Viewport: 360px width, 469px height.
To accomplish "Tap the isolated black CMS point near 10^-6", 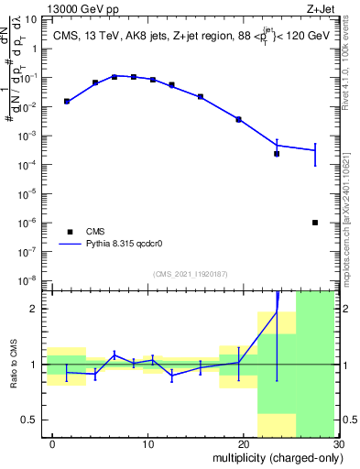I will tap(315, 222).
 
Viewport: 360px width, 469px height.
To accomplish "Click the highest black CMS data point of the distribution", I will tap(115, 76).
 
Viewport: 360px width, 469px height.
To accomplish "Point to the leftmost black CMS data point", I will tap(66, 101).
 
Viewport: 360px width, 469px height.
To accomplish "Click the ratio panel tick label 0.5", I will tap(31, 420).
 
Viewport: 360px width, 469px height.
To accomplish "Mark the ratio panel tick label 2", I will tap(37, 309).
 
